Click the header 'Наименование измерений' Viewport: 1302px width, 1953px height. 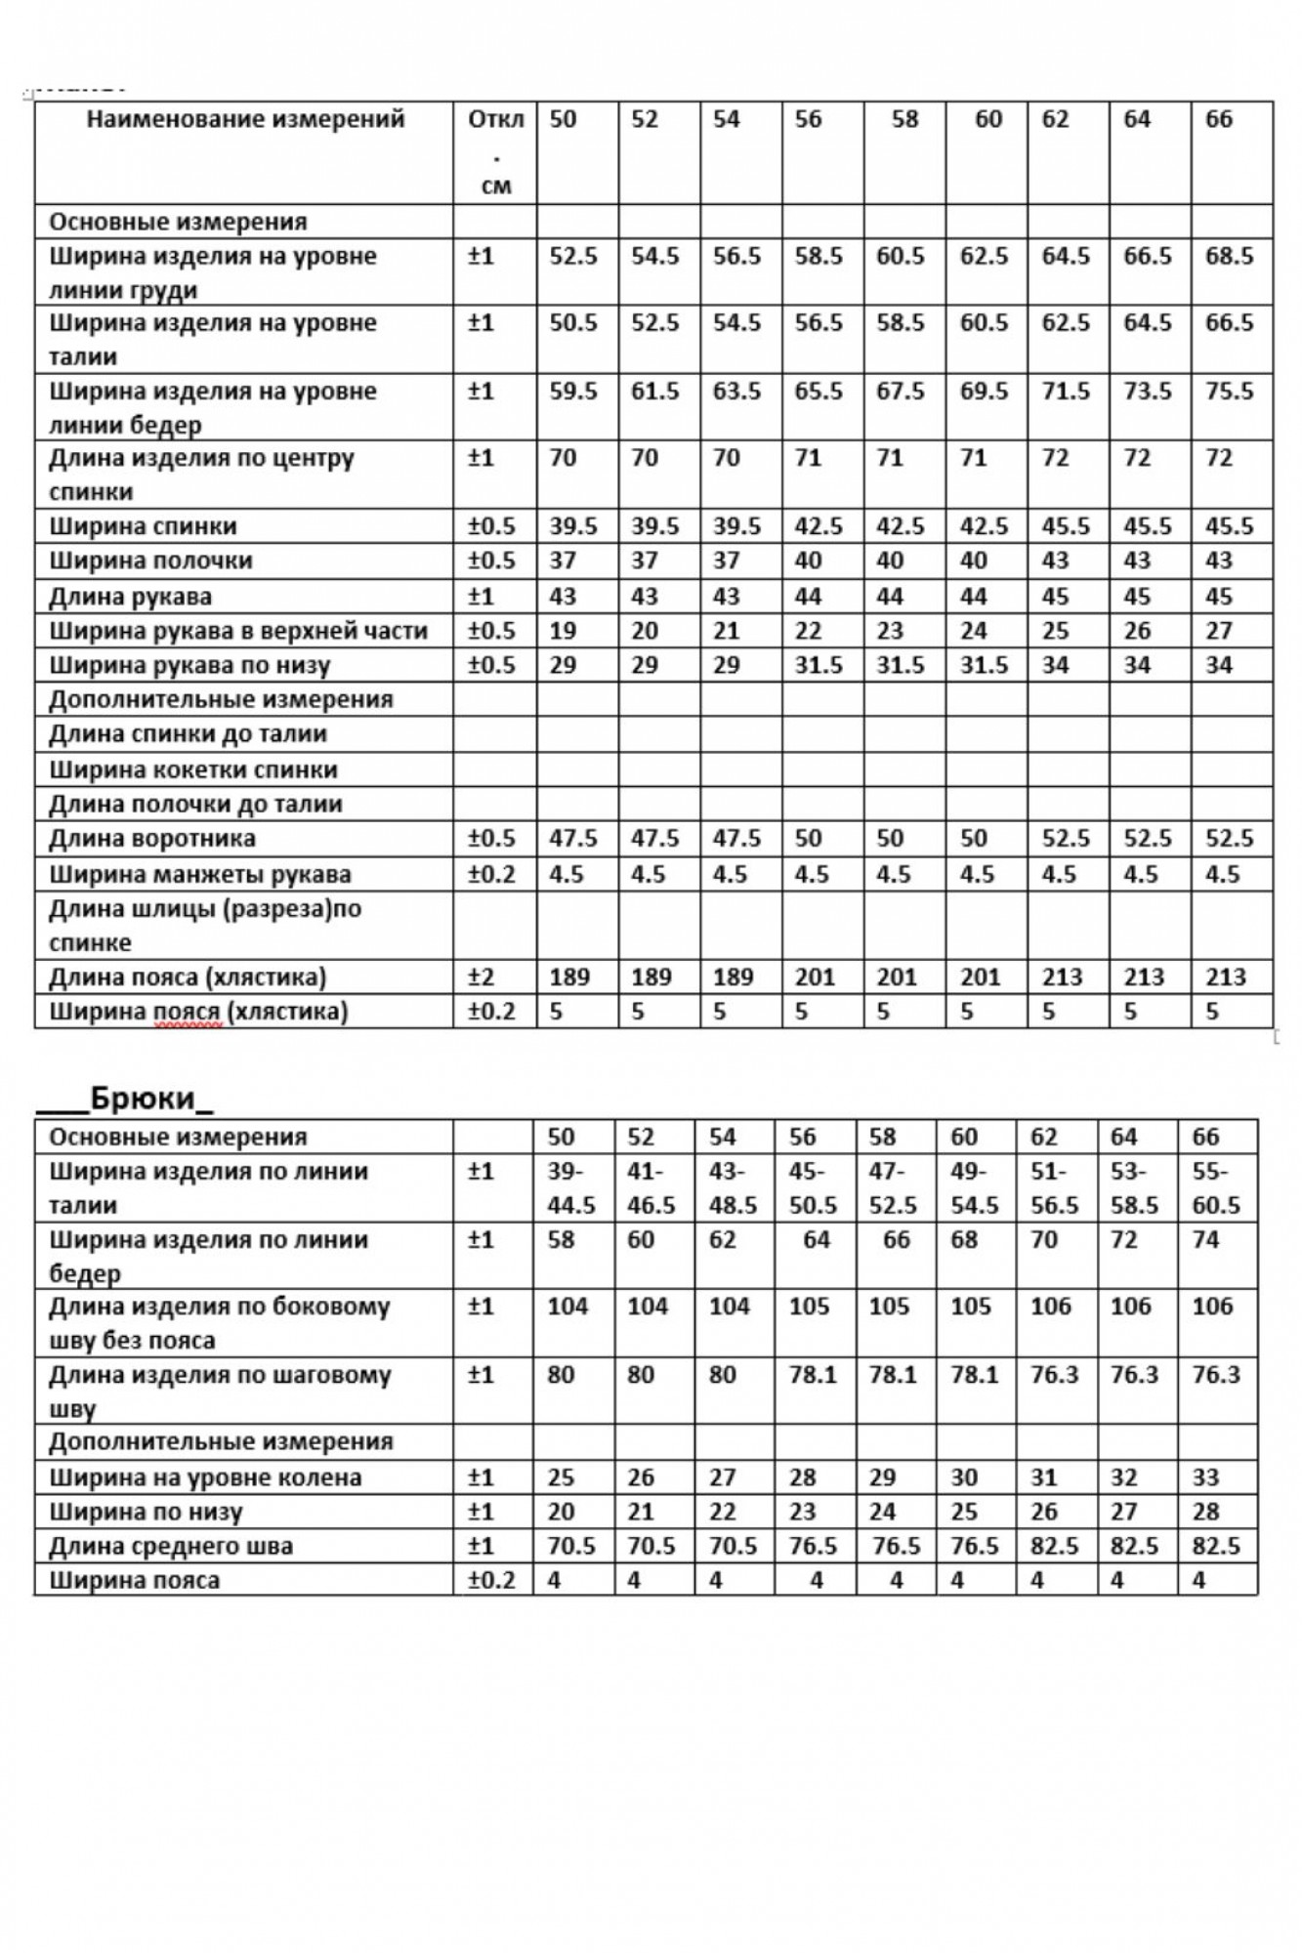245,119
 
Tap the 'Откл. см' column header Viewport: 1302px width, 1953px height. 496,151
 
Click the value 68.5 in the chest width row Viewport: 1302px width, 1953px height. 1229,256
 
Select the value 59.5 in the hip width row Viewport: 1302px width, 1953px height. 572,391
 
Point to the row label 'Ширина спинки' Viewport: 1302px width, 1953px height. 143,526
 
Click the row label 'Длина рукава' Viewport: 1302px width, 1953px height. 130,596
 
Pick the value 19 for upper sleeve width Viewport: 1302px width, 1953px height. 563,631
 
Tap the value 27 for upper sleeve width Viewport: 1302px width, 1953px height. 1219,631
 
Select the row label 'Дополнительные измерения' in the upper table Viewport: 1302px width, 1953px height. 221,699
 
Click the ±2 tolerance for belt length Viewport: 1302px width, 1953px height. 483,976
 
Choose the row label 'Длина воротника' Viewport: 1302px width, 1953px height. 152,838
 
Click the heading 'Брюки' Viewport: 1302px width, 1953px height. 143,1098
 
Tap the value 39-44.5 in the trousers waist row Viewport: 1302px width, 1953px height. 571,1187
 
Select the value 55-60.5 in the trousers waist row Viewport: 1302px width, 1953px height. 1215,1187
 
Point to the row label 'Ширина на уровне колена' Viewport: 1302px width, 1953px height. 205,1477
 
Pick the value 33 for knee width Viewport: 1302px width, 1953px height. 1205,1477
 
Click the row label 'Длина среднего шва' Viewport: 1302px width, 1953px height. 171,1546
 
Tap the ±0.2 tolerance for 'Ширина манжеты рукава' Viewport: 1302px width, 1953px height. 491,874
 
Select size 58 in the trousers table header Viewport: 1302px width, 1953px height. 882,1137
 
